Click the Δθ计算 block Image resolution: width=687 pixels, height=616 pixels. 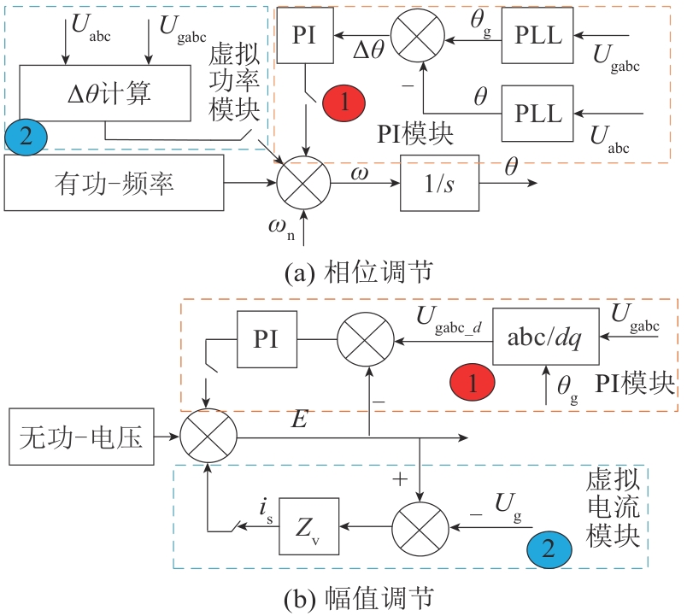[x=104, y=93]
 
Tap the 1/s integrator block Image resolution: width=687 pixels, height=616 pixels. [x=440, y=182]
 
